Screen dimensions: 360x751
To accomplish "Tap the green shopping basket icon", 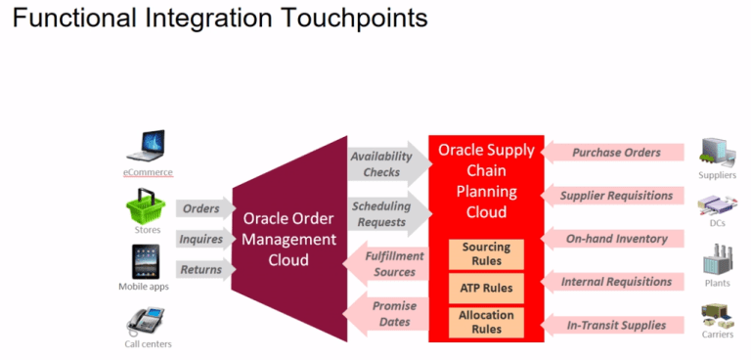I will tap(146, 206).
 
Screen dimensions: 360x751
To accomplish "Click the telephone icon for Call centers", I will tap(146, 319).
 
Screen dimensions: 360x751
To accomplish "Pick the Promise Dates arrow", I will tap(388, 313).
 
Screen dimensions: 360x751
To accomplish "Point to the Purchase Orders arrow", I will tap(612, 153).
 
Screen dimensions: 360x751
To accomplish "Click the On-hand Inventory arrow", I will tap(612, 238).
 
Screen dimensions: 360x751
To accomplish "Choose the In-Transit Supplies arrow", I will tap(612, 325).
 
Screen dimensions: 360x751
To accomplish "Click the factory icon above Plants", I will tap(716, 262).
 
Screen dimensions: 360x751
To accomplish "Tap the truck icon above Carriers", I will tap(716, 317).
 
